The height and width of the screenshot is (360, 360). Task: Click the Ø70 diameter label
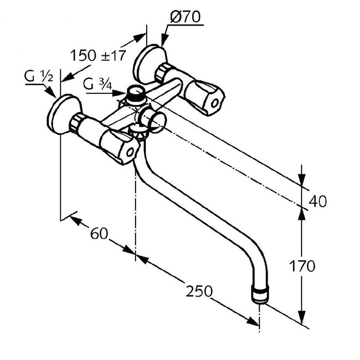[185, 18]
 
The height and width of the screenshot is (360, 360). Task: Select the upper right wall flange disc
[146, 63]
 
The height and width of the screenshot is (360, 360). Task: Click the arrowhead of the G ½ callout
[54, 95]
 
